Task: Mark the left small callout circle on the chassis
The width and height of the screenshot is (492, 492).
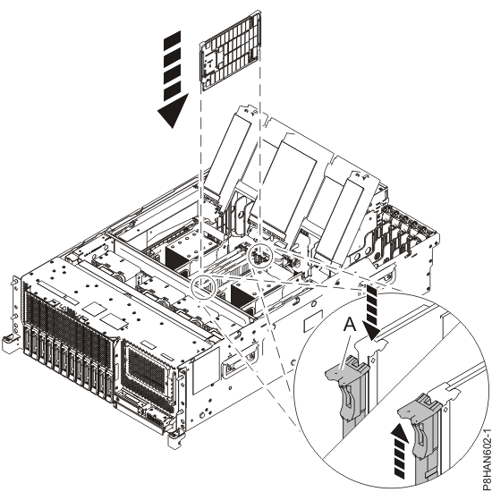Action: pyautogui.click(x=205, y=287)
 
